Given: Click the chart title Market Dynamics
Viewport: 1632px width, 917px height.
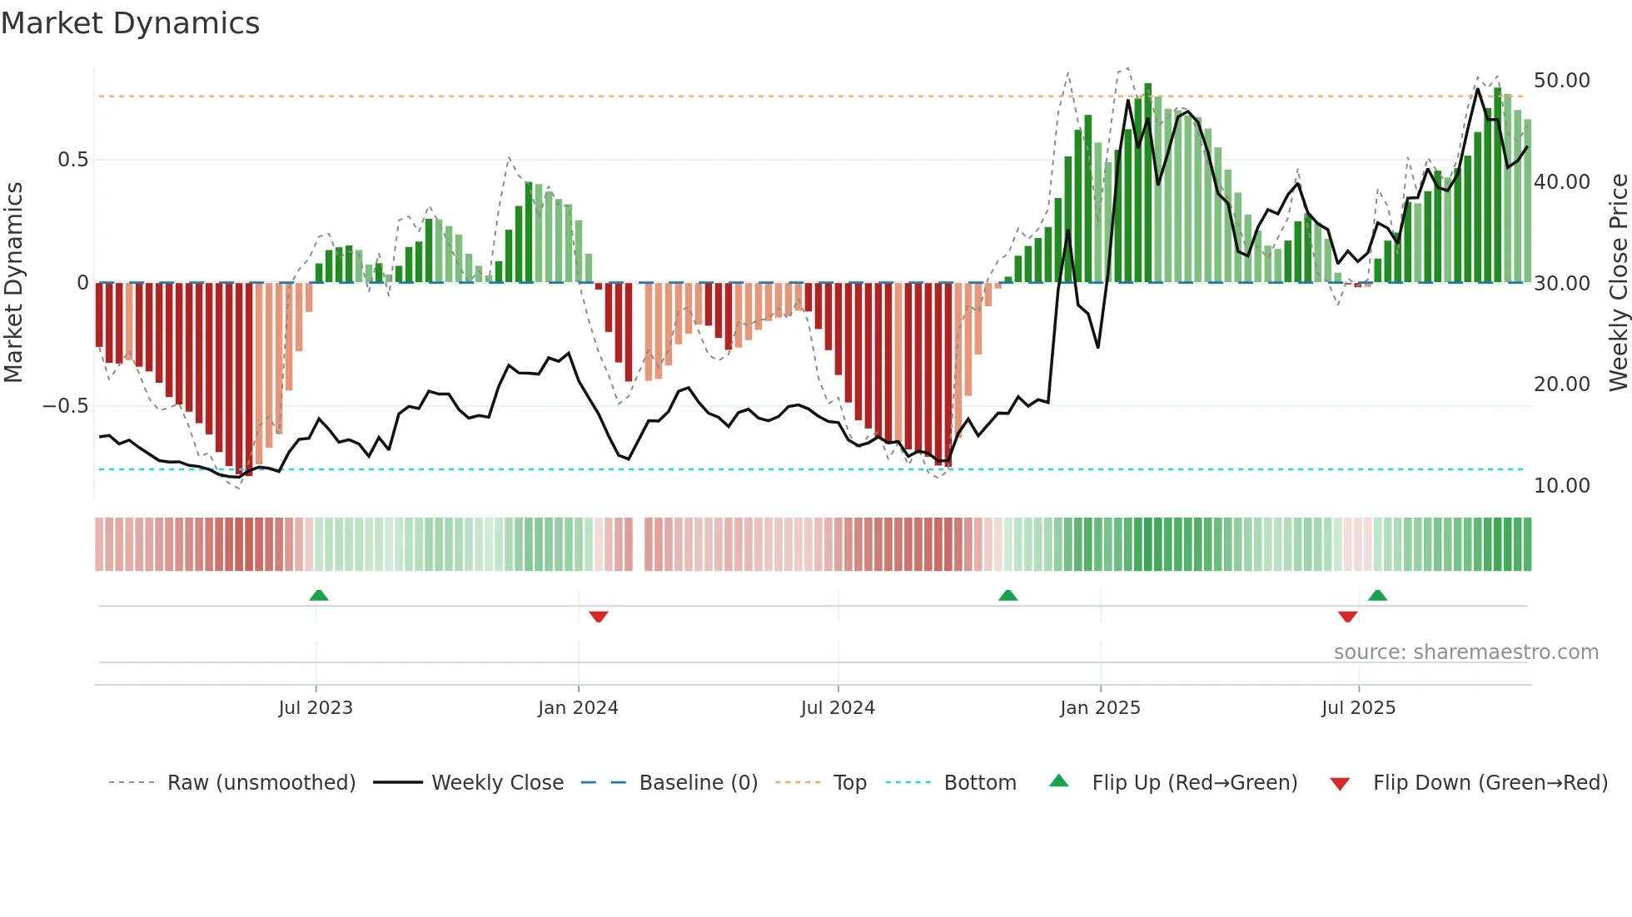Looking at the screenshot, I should coord(130,23).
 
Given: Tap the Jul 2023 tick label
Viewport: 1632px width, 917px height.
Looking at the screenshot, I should coord(316,708).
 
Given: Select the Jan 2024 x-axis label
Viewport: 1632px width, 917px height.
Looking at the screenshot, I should coord(578,708).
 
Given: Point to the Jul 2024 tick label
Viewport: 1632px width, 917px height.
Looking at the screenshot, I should coord(838,708).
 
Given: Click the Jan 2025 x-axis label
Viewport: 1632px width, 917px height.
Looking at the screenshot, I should coord(1100,708).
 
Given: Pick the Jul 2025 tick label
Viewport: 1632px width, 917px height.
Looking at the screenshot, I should coord(1358,708).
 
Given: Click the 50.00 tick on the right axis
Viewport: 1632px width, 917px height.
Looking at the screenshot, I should coord(1561,81).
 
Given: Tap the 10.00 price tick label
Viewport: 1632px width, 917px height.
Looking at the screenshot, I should coord(1561,486).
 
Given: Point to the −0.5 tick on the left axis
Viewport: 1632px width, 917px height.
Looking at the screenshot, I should coord(65,406).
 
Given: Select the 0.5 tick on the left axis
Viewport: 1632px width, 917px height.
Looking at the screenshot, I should coord(72,160).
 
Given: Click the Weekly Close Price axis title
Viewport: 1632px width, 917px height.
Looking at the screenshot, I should coord(1618,283).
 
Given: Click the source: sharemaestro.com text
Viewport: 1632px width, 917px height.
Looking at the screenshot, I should coord(1465,652).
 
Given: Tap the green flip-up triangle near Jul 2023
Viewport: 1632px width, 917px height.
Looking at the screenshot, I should coord(319,595).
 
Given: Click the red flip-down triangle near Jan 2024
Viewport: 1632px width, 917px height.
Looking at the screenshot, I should coord(599,617).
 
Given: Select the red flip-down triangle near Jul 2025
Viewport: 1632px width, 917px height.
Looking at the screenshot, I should coord(1348,617).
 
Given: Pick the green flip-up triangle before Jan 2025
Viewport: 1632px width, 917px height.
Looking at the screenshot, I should coord(1008,595).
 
